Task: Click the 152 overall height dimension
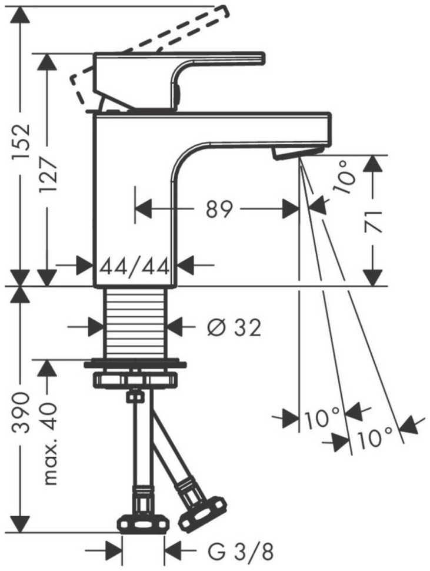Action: (x=21, y=145)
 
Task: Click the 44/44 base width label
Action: (x=135, y=267)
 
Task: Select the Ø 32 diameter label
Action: (x=234, y=327)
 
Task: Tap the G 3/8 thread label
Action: (x=241, y=552)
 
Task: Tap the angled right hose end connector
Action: (x=200, y=509)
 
